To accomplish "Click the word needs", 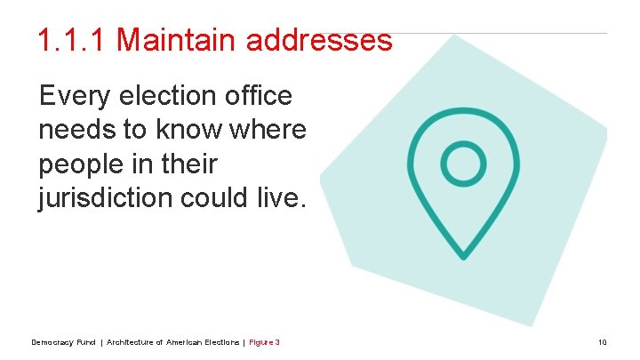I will click(76, 131).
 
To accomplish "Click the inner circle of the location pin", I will click(463, 164).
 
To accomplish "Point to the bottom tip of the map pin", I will click(463, 256).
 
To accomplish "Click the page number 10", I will click(603, 342).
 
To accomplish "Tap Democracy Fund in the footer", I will click(63, 342).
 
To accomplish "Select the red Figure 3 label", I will click(265, 342).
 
